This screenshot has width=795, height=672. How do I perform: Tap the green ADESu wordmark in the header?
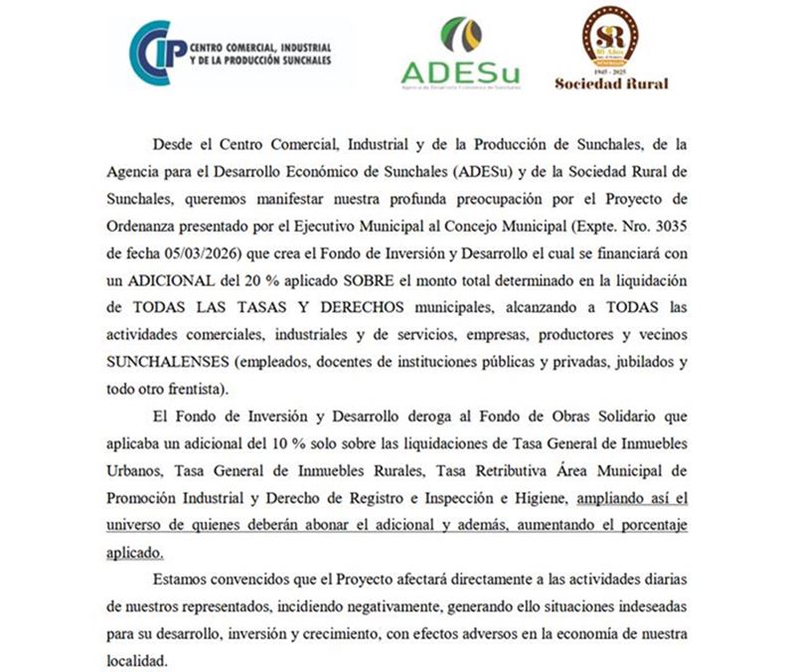point(459,73)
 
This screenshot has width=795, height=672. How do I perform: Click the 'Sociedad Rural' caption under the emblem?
point(611,84)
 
